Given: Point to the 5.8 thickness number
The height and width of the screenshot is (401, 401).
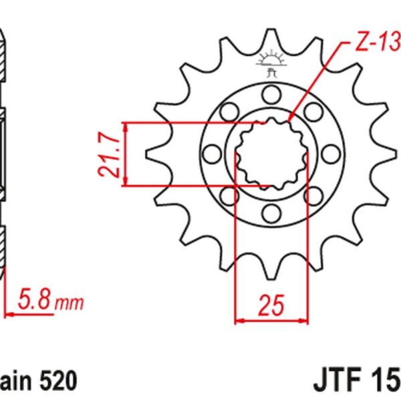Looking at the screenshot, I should tap(35, 299).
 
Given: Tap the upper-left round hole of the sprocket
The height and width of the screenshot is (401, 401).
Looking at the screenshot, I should tap(229, 111).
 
